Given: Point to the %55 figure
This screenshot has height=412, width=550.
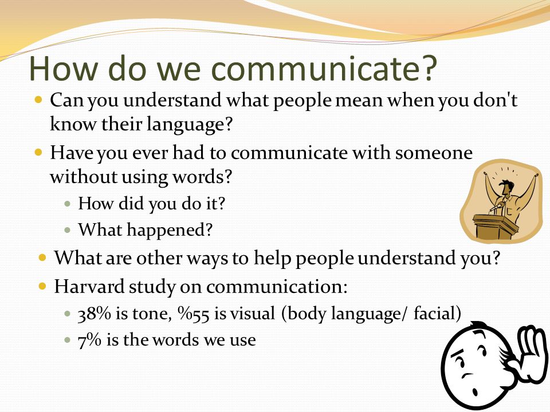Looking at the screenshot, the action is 194,313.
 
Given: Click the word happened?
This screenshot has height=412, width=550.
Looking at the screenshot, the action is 170,231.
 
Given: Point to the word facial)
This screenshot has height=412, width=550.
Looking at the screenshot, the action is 437,313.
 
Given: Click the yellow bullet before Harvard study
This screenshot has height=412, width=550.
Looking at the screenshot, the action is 42,287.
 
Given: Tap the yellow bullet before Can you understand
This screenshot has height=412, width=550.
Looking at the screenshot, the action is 38,100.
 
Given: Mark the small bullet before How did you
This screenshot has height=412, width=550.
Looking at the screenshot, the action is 68,203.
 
